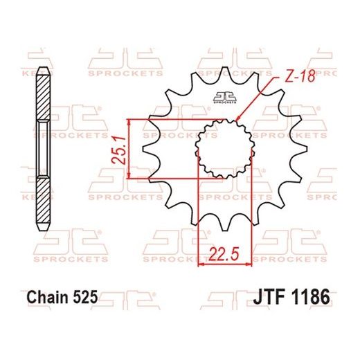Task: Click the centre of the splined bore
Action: click(225, 147)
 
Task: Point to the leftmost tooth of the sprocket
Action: click(144, 147)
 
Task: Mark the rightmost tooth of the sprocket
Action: click(305, 147)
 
